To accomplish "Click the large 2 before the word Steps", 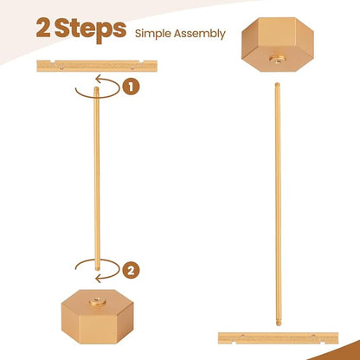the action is coord(43,29).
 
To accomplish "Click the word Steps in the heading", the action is coord(90,30).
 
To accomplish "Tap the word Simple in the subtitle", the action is coord(153,34).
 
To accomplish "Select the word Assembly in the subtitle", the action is coord(199,34).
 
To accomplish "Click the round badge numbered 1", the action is coord(131,87).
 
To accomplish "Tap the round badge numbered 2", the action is coord(131,271).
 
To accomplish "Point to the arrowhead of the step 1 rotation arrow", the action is coord(98,78).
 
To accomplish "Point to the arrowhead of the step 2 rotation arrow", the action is coord(98,279).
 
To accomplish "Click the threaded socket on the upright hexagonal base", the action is coord(97,302).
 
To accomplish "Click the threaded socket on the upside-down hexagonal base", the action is coord(277,60).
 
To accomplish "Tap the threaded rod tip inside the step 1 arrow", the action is coord(97,90).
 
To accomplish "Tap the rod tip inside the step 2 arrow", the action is coord(98,267).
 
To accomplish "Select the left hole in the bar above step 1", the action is coord(61,68).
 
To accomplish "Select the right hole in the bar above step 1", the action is coord(132,68).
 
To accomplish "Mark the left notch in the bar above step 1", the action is coord(52,61).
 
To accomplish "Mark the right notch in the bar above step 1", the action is coord(140,61).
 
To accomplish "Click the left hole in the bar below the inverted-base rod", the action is coord(242,336).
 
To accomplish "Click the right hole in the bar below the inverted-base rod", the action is coord(313,336).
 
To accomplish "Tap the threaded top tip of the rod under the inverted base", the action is coord(277,85).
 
